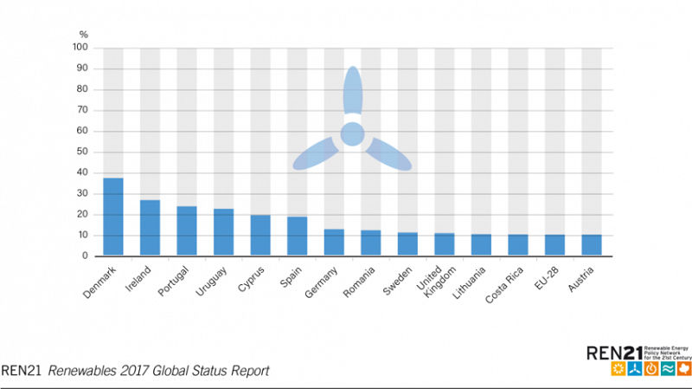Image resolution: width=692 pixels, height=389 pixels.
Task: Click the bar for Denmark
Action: [113, 217]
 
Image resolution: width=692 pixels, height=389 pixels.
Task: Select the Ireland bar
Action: [150, 228]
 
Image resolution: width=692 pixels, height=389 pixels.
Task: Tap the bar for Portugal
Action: [187, 230]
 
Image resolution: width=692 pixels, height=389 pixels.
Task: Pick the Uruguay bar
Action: [224, 232]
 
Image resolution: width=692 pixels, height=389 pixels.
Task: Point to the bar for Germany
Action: [334, 243]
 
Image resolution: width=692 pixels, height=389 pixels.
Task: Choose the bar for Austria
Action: [592, 245]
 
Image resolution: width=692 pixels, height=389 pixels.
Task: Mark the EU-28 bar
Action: [554, 245]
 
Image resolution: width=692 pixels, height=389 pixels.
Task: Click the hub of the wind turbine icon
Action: [352, 133]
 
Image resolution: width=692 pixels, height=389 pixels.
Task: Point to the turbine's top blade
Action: [352, 92]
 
